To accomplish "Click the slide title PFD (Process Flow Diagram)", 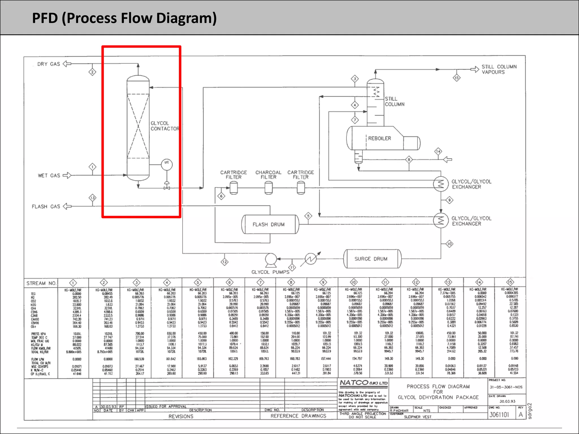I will pos(124,18).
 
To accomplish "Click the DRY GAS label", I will pos(49,64).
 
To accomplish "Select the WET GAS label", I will pos(49,175).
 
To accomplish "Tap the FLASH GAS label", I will pos(46,207).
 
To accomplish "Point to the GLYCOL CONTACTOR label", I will pos(165,126).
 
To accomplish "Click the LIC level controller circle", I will pos(167,164).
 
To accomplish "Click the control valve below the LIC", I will pos(167,188).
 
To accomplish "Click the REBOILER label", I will pos(379,138).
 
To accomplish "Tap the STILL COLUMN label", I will pos(394,101).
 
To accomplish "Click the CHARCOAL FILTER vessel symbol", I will pos(269,188).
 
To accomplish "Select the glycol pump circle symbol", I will pos(271,259).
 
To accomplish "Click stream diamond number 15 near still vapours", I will pos(457,78).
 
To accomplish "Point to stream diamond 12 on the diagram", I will pos(224,262).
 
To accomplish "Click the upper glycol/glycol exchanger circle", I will pos(441,184).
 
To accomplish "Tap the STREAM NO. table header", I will pos(41,283).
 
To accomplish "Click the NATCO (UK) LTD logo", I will pos(363,383).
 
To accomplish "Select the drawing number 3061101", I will pos(499,415).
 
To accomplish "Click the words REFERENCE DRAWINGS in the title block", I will pos(298,416).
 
